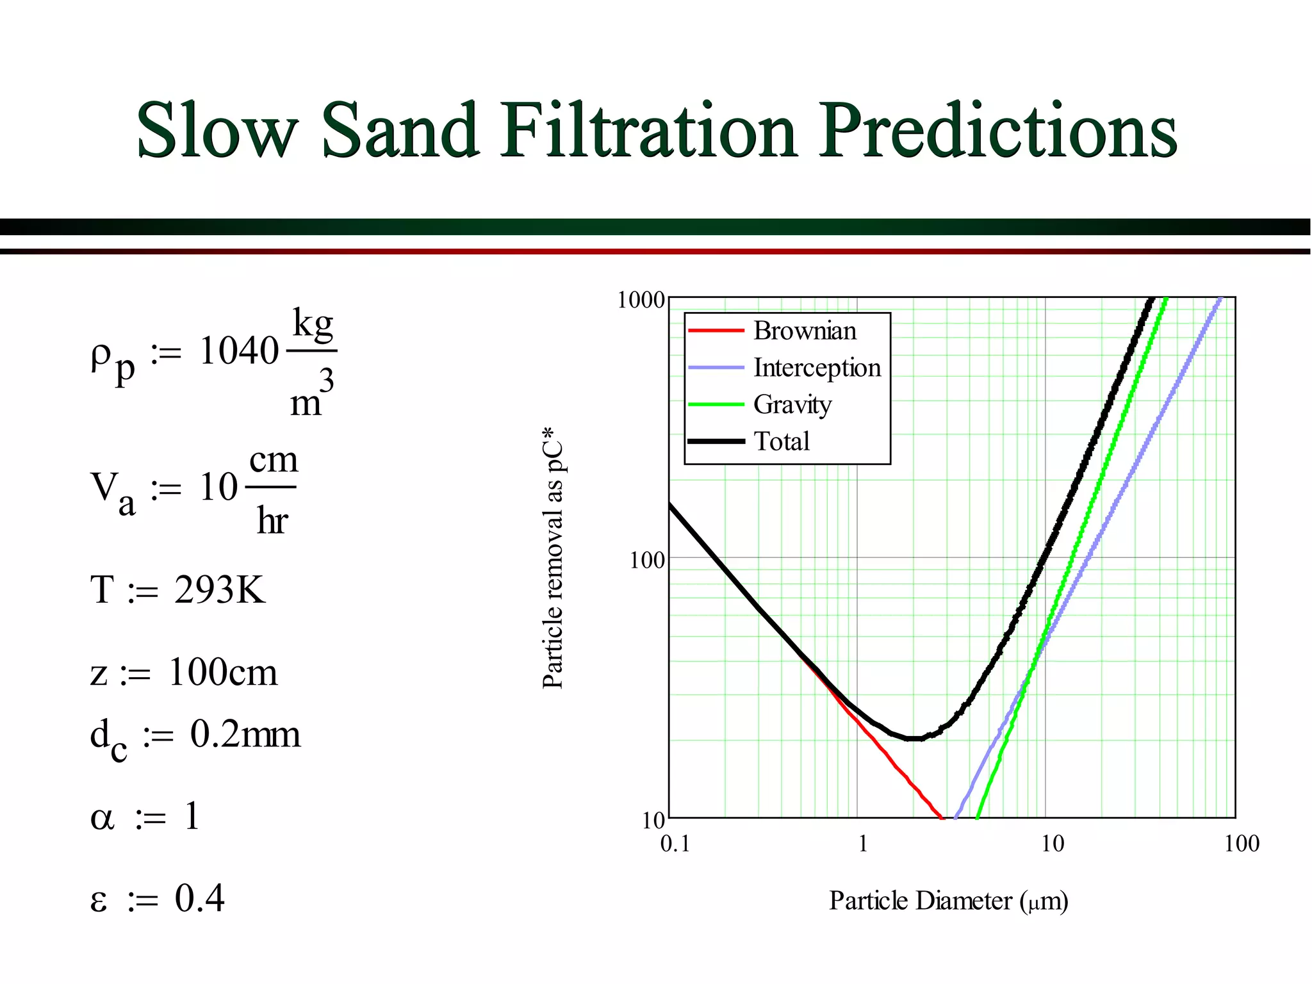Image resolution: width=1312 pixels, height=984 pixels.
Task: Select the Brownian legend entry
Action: pos(805,331)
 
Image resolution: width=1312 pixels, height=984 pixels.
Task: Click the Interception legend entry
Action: pos(817,368)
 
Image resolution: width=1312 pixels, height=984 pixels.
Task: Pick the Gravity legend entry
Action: pos(792,405)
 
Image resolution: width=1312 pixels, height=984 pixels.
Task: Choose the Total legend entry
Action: pos(782,441)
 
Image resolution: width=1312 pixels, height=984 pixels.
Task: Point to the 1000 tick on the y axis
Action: pos(641,300)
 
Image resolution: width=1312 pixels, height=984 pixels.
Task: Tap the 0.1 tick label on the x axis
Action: pos(675,844)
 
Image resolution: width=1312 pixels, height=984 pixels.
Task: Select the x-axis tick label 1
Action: pos(863,844)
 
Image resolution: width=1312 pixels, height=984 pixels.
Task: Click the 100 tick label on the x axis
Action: pos(1241,844)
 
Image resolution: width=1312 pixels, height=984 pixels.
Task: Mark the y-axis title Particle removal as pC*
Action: pos(553,557)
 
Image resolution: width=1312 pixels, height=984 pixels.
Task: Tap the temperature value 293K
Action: pos(220,589)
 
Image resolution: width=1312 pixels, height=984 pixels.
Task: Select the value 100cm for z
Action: pos(223,673)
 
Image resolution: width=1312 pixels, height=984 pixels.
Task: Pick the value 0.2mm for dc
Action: pos(245,734)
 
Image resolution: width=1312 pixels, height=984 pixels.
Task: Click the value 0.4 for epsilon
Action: pos(199,898)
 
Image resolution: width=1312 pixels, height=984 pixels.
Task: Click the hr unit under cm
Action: pos(272,520)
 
